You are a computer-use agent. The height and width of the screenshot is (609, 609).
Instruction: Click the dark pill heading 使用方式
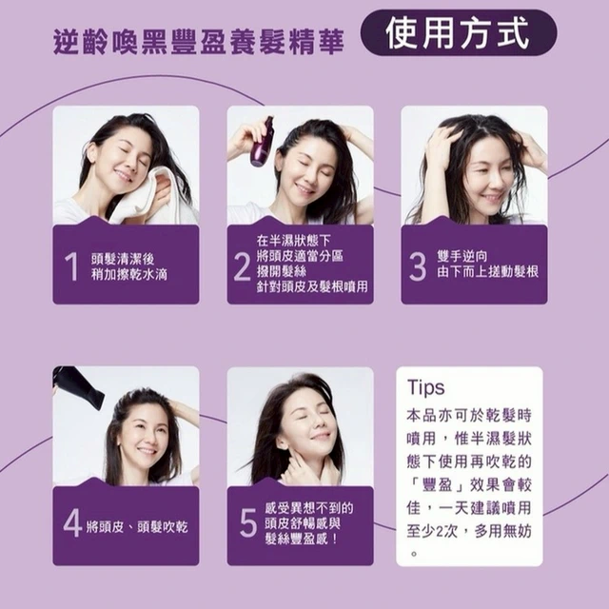459,33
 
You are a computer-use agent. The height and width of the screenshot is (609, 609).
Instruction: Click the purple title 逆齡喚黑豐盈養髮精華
199,42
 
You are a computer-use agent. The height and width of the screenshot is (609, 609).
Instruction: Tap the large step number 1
71,266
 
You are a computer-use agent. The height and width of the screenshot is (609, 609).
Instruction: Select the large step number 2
242,266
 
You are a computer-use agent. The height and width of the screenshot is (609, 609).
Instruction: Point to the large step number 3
418,266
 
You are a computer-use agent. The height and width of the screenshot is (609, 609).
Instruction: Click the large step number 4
72,523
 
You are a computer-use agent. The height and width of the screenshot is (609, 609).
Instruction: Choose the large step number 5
248,522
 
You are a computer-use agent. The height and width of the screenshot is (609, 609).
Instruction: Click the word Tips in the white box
425,387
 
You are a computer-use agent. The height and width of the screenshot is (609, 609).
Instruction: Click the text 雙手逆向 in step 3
462,256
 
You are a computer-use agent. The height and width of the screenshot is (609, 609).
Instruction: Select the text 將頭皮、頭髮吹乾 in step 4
137,527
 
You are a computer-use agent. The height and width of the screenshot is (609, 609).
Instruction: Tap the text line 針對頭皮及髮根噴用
312,287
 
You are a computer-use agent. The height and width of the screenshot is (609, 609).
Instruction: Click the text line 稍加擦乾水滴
129,275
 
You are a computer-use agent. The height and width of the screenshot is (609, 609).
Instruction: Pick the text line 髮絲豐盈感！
301,540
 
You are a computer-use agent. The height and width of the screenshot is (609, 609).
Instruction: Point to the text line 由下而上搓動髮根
488,272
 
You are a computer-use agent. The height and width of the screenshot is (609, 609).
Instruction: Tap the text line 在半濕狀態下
294,241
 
